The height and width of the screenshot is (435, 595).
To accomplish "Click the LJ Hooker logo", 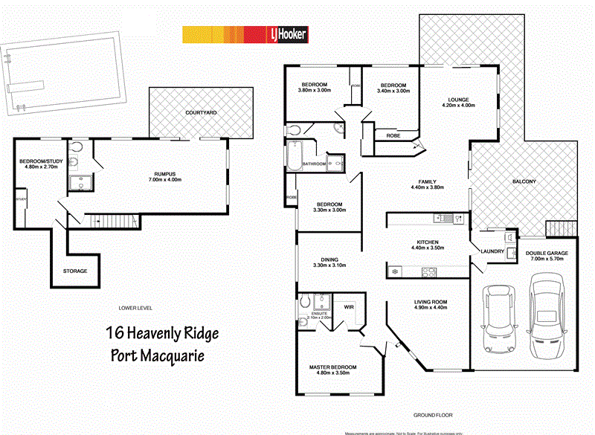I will click(x=286, y=34).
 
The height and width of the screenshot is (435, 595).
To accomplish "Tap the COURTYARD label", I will click(x=201, y=112).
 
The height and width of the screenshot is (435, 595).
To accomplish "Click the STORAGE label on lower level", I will click(x=75, y=271).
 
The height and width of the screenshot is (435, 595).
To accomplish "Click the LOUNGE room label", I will click(x=457, y=100).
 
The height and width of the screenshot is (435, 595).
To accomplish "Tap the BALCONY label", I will click(x=524, y=182).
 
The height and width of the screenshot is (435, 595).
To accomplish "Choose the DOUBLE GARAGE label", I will click(x=547, y=254).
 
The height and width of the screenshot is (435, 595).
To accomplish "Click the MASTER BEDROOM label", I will click(x=333, y=367).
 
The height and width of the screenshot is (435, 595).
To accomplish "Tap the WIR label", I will click(x=348, y=306).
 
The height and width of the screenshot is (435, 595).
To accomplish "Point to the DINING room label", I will click(x=321, y=260).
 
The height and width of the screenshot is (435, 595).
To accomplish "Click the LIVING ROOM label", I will click(x=431, y=300).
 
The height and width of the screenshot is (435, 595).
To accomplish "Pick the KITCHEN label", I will click(x=427, y=242).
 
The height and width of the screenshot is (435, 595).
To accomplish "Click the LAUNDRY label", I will click(x=493, y=251).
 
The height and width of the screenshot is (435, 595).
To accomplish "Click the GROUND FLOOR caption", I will click(x=433, y=415).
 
